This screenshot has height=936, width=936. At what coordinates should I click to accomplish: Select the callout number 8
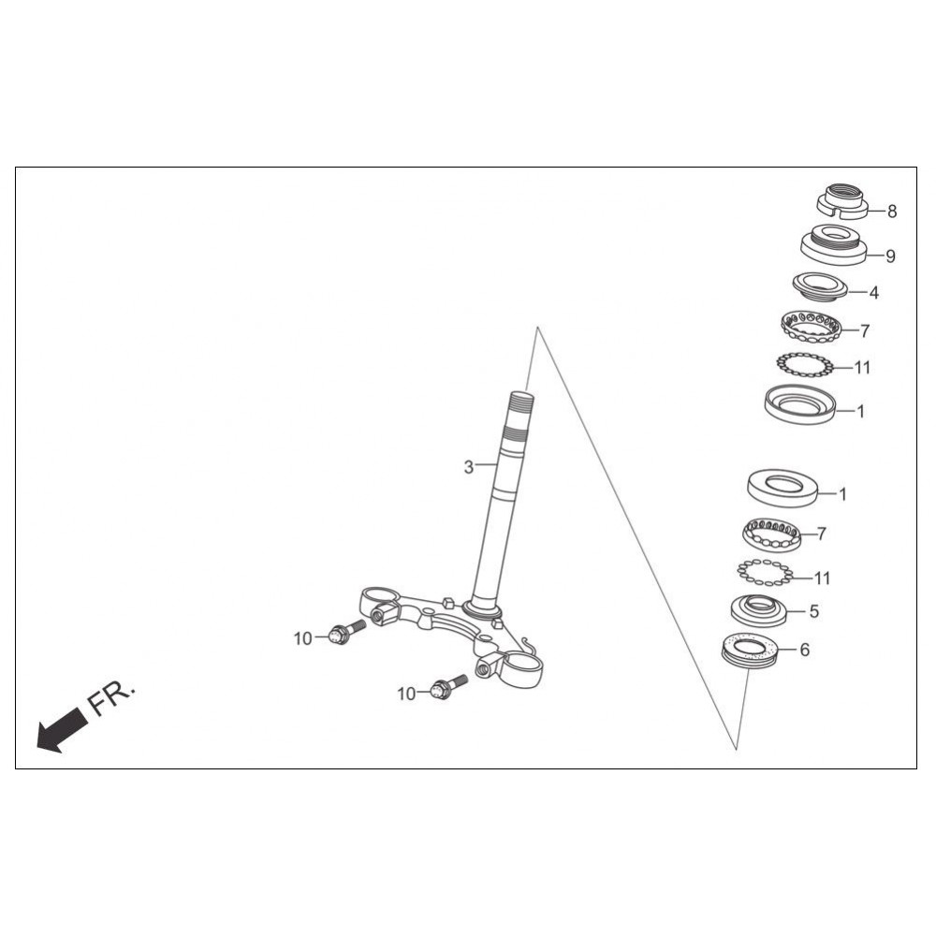click(x=892, y=212)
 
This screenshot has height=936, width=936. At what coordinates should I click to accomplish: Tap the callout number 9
click(x=890, y=256)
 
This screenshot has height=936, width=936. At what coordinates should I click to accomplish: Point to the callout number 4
click(x=874, y=293)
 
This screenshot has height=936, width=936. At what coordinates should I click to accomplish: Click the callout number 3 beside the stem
click(x=469, y=467)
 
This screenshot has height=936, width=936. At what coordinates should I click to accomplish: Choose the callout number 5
click(x=813, y=612)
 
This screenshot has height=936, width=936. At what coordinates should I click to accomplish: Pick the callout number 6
click(x=805, y=650)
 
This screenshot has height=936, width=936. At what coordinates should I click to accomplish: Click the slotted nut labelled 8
click(x=843, y=202)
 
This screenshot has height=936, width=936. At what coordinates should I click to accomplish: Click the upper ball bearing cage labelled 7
click(x=811, y=327)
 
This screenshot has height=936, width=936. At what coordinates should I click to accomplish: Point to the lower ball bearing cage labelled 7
click(x=772, y=534)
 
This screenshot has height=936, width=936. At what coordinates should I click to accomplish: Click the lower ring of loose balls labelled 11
click(x=764, y=571)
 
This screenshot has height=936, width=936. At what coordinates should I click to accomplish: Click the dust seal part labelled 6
click(x=752, y=649)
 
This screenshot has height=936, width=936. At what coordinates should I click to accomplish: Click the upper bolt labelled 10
click(x=348, y=633)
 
